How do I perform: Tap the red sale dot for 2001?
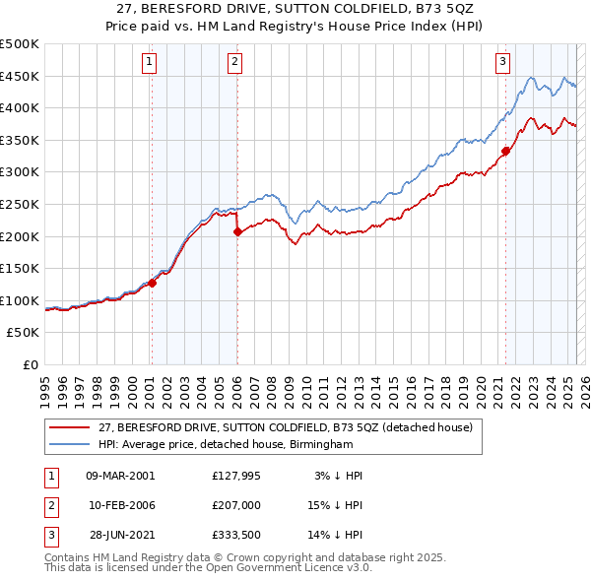point(152,283)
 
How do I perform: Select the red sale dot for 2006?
point(237,232)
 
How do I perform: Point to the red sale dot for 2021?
point(505,151)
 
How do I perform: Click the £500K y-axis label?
point(20,44)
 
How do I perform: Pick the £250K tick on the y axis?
point(20,204)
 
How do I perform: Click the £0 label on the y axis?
point(32,364)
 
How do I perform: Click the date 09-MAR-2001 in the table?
point(120,476)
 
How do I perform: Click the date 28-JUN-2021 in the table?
point(120,535)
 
